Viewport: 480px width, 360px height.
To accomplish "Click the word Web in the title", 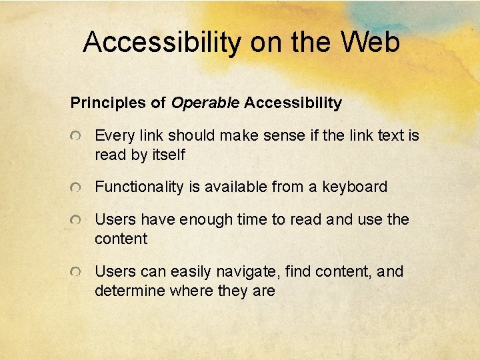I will point(370,42).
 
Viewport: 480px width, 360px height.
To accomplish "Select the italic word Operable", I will point(205,103).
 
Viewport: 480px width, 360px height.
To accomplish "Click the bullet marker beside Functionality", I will point(78,187).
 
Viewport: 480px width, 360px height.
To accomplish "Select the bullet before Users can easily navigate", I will point(78,272).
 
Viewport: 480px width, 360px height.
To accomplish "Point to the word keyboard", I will point(354,187).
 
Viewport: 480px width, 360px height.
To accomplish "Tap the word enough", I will point(211,220).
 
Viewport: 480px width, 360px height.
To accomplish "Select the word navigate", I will point(249,272).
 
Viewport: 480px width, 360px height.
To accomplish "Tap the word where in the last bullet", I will point(187,291).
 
